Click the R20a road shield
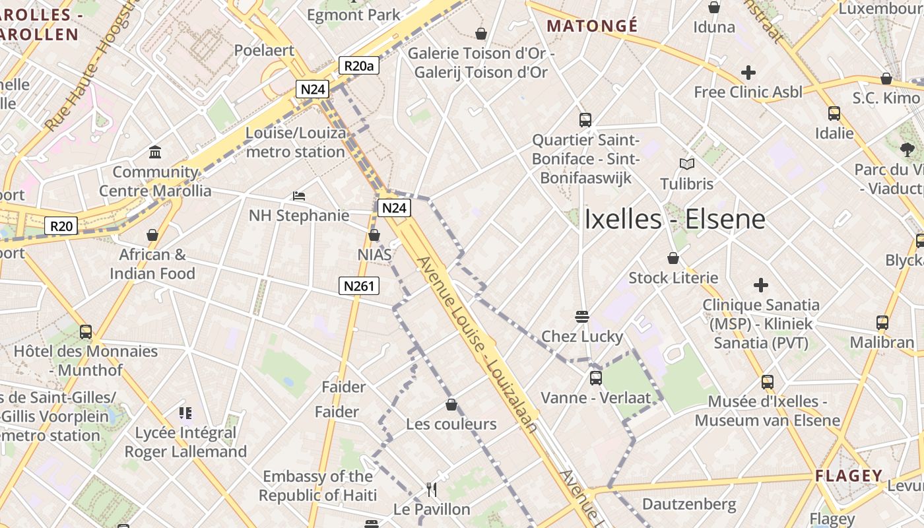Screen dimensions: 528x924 (359, 65)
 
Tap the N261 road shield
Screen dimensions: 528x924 (359, 286)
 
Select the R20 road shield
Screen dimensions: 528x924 (61, 226)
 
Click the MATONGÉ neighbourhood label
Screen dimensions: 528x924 (593, 26)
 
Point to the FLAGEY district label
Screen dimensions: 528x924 (849, 476)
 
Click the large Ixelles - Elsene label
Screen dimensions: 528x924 (675, 220)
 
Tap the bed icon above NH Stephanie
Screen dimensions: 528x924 (299, 196)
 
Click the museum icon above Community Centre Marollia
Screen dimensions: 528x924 (155, 152)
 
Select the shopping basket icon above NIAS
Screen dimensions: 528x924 (374, 235)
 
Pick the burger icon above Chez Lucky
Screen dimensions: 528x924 (581, 317)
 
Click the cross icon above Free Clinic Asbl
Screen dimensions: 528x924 (748, 72)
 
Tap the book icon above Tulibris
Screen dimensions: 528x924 (687, 164)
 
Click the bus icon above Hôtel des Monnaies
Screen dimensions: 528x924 (86, 331)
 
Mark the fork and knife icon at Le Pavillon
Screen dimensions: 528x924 (432, 490)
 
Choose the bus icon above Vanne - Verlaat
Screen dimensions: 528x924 (595, 378)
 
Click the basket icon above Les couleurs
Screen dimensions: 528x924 (451, 405)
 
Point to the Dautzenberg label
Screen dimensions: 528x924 (689, 505)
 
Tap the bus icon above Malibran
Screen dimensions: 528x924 (882, 323)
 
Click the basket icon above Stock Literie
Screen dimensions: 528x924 (673, 258)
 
